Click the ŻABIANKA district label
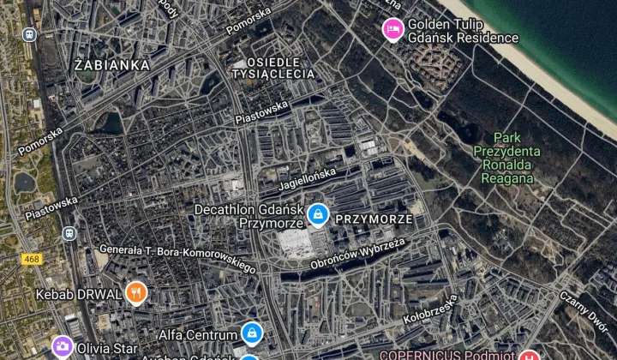112,64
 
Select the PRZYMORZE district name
374,219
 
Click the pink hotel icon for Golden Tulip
392,30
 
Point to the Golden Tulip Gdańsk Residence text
463,31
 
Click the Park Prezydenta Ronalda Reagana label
507,158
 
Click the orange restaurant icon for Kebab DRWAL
135,294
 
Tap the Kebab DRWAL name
80,294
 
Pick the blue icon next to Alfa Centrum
251,333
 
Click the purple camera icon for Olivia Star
62,347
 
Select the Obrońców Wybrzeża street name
357,255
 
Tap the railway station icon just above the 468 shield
69,233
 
